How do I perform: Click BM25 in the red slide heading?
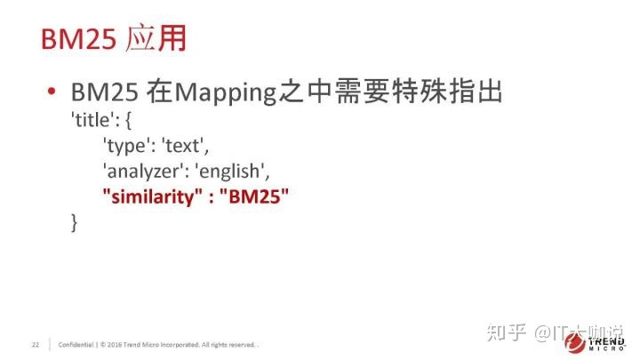click(x=78, y=39)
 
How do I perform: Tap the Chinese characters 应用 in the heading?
click(x=156, y=38)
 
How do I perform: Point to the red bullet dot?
click(x=52, y=91)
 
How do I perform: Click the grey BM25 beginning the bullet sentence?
click(x=105, y=92)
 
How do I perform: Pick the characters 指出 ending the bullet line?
click(x=476, y=92)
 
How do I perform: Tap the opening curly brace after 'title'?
click(x=128, y=121)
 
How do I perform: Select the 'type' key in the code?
click(x=125, y=146)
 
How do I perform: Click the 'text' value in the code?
click(x=185, y=146)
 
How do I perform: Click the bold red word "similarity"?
click(x=153, y=196)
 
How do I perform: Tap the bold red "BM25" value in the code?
click(x=254, y=196)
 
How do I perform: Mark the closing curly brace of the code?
click(x=75, y=223)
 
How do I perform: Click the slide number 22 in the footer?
click(x=36, y=345)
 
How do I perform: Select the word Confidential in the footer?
click(x=76, y=345)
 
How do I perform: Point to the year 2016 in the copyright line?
click(x=115, y=345)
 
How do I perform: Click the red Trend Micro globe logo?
click(x=575, y=342)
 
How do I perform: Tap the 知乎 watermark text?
click(x=506, y=332)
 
